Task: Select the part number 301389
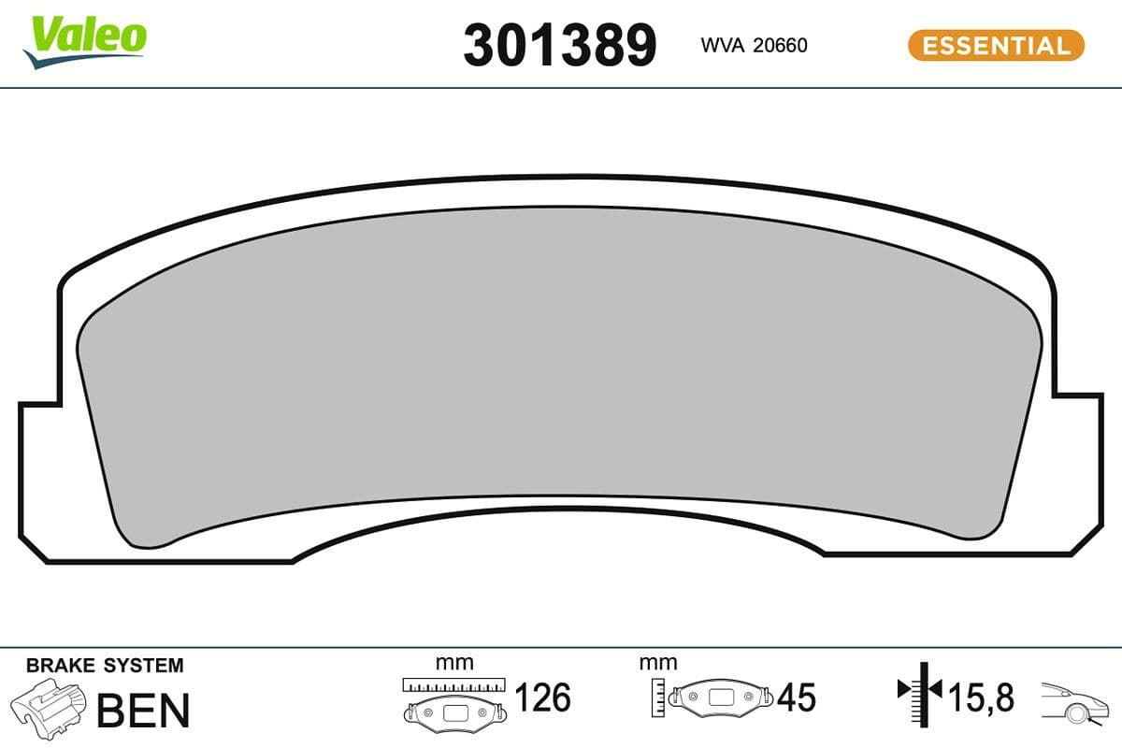pyautogui.click(x=559, y=45)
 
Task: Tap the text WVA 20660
pyautogui.click(x=753, y=46)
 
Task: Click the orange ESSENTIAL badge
pyautogui.click(x=996, y=45)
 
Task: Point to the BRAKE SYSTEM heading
pyautogui.click(x=105, y=666)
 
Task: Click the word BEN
pyautogui.click(x=143, y=711)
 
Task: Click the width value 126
pyautogui.click(x=542, y=698)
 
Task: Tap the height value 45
pyautogui.click(x=796, y=698)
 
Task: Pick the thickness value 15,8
pyautogui.click(x=981, y=698)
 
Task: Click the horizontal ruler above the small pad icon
pyautogui.click(x=453, y=684)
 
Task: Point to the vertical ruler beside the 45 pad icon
pyautogui.click(x=660, y=697)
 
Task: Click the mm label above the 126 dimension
pyautogui.click(x=454, y=663)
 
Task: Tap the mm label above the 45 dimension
pyautogui.click(x=658, y=663)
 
